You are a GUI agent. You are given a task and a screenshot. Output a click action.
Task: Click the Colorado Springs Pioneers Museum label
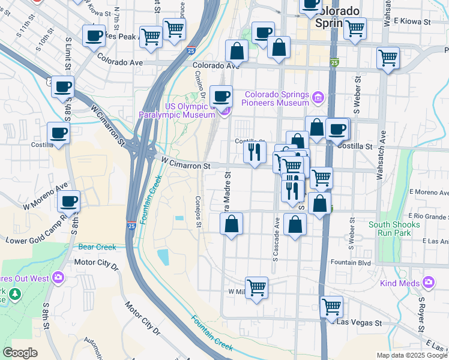tap(277, 98)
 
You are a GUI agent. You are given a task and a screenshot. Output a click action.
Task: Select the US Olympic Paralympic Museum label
tap(176, 111)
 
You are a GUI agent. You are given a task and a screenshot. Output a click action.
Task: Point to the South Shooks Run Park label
tap(394, 229)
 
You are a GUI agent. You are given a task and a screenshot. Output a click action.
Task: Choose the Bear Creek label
tap(97, 247)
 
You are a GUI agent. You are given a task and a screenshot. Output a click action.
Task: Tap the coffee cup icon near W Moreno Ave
tap(68, 201)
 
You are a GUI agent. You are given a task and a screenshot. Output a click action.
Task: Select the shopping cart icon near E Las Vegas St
tap(331, 307)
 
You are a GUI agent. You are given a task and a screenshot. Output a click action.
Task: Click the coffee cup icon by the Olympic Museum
tap(221, 95)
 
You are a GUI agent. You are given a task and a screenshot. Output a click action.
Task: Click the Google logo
tap(20, 353)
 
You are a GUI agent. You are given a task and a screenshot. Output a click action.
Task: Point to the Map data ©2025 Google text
tap(411, 355)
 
